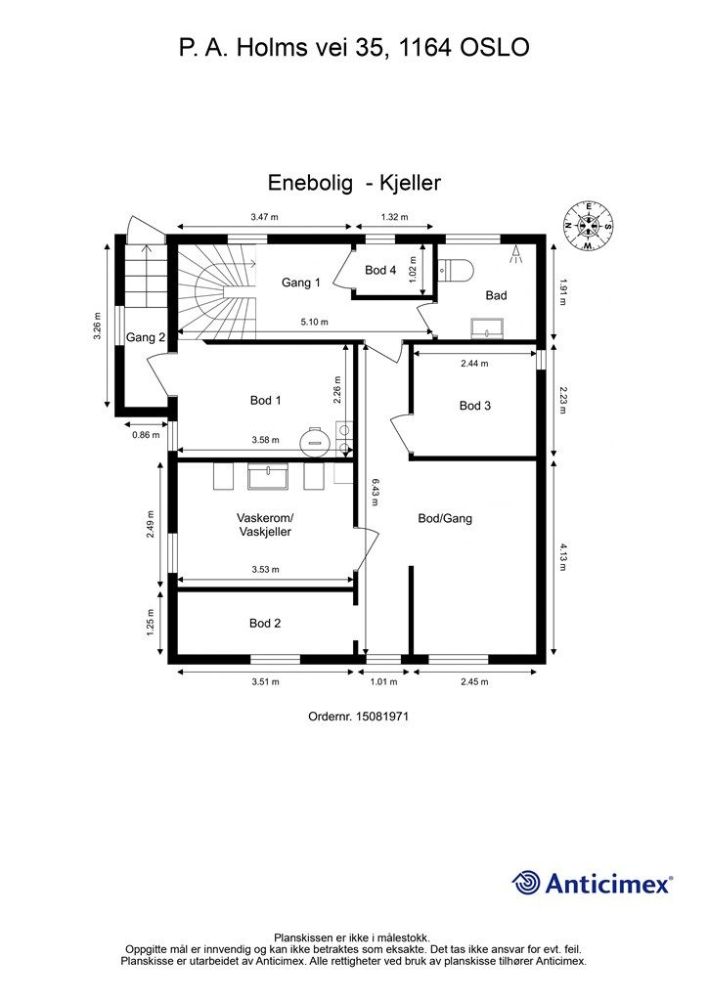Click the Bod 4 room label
click(x=380, y=270)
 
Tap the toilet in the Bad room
click(x=456, y=270)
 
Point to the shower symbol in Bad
click(x=514, y=254)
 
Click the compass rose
click(x=588, y=226)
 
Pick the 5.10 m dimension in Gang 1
click(x=314, y=323)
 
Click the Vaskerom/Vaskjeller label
click(x=265, y=524)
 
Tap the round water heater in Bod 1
click(x=315, y=440)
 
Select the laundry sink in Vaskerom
click(x=268, y=477)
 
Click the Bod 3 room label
click(x=475, y=406)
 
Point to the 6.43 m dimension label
click(x=375, y=493)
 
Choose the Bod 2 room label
click(x=265, y=623)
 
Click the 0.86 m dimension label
click(x=146, y=435)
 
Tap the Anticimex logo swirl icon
click(x=526, y=883)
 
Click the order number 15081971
click(x=381, y=717)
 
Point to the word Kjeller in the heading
click(x=411, y=183)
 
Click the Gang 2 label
click(x=146, y=337)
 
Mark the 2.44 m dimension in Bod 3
click(x=474, y=364)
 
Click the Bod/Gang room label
click(x=445, y=518)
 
